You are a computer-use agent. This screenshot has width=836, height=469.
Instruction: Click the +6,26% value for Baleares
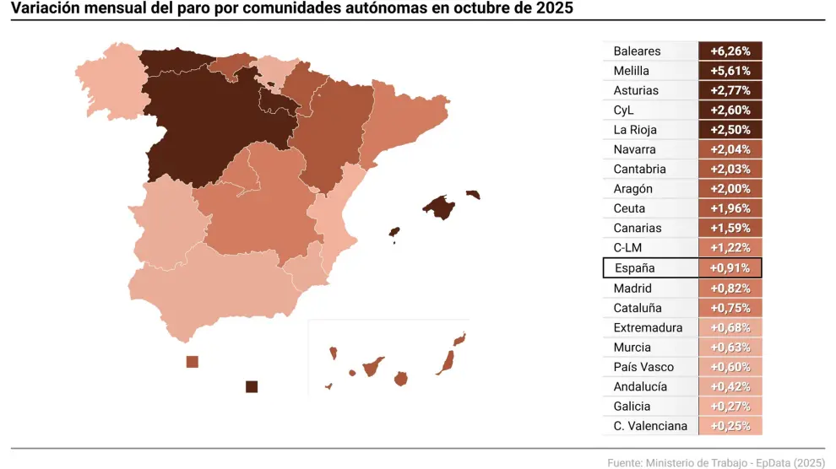pos(730,51)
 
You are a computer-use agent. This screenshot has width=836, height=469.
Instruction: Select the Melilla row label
pos(632,71)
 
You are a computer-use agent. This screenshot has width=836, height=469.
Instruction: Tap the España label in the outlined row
pos(634,268)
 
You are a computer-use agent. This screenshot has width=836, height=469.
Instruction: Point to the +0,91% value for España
pos(730,268)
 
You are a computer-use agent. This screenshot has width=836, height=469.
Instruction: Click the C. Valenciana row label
pos(650,426)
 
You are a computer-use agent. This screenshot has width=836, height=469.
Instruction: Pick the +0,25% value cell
pos(730,426)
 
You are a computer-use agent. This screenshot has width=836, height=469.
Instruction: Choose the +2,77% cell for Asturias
pos(730,90)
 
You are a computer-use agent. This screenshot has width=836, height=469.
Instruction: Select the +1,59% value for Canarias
pos(730,228)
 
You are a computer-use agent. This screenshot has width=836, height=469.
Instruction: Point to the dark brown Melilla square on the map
pos(251,386)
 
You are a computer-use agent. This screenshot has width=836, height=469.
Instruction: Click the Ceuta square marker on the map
pos(193,362)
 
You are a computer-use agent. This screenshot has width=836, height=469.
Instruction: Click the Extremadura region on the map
pos(165,224)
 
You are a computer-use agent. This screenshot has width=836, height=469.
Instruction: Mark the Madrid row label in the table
pos(632,288)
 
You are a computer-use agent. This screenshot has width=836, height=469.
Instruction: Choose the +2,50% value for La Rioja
pos(730,130)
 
